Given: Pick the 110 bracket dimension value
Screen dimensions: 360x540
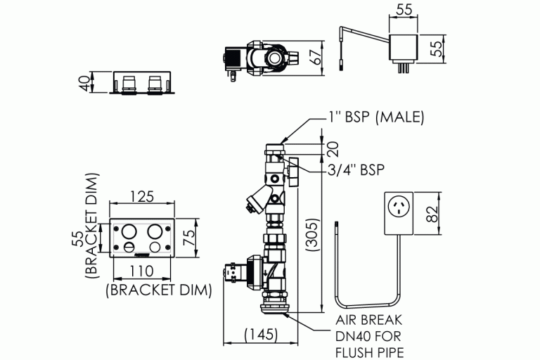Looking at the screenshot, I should click(142, 271).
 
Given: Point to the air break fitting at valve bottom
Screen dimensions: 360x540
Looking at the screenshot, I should click(277, 307).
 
